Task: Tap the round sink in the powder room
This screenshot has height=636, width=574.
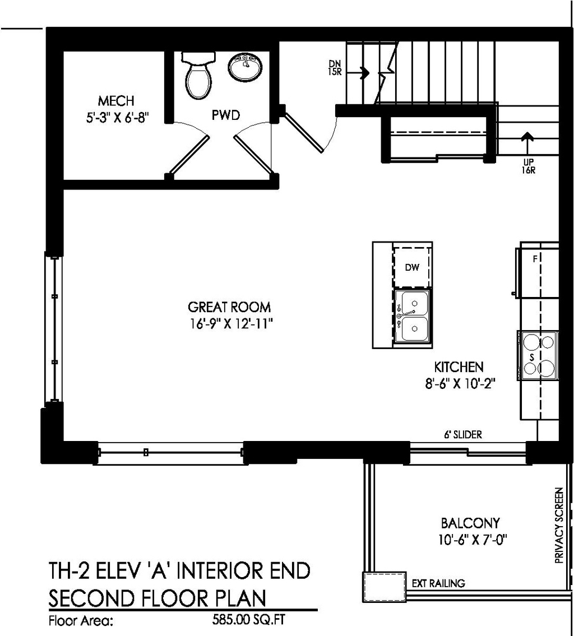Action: [244, 67]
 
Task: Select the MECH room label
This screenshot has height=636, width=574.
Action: [116, 101]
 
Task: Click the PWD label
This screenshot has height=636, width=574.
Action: [225, 115]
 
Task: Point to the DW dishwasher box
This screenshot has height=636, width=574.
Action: [412, 267]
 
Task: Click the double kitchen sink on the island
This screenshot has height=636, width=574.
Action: [413, 316]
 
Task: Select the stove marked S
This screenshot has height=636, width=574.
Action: [538, 355]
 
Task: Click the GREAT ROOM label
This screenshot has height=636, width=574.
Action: [229, 307]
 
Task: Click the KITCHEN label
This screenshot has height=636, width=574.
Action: [459, 368]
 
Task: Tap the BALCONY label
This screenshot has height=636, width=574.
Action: [470, 523]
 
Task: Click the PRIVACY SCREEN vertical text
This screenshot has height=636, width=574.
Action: [558, 525]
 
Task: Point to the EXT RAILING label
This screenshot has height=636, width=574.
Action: [438, 583]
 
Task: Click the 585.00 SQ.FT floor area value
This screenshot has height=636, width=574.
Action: [251, 620]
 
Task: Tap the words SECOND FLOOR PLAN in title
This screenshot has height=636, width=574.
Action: [157, 598]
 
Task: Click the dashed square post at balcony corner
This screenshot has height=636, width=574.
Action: [385, 587]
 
